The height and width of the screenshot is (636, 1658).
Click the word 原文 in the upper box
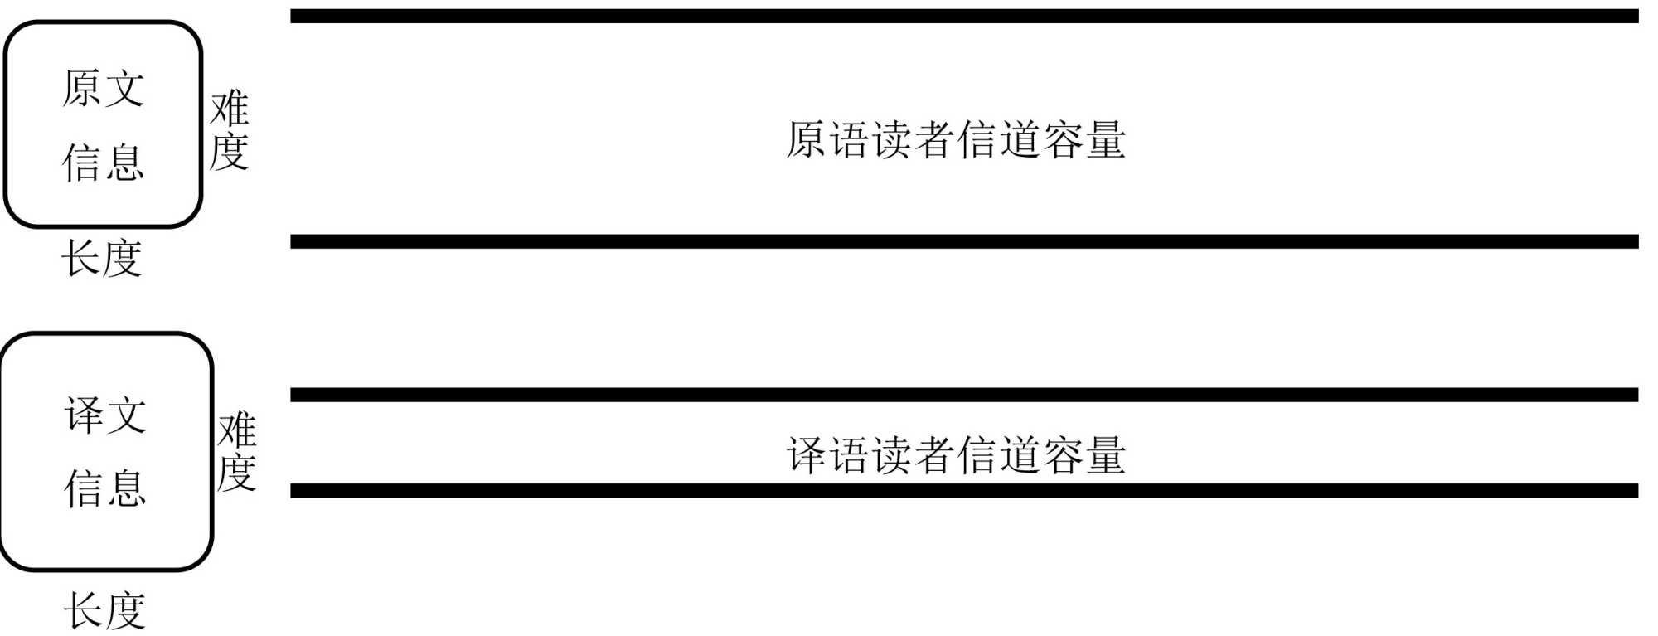104,88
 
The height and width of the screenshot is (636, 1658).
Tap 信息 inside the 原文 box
104,162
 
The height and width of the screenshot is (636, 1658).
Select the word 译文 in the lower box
106,415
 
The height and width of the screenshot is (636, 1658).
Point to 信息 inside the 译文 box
106,488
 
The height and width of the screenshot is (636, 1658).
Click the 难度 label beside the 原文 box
230,130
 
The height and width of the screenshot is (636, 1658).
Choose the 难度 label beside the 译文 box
237,452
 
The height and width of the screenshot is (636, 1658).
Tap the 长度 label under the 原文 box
102,258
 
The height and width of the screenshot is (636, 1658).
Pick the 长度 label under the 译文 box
104,611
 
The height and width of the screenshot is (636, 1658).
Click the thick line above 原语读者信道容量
963,17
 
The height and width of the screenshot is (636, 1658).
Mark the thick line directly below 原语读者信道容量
963,241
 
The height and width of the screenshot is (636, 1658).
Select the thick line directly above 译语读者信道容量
963,395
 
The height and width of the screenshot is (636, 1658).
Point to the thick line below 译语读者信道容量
963,491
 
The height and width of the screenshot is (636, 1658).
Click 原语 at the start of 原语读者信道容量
827,139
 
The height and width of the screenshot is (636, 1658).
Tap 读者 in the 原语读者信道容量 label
913,139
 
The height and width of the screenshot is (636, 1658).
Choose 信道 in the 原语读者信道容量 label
998,139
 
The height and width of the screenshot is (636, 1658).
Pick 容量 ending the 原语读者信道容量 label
1084,139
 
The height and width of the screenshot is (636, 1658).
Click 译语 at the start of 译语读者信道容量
827,455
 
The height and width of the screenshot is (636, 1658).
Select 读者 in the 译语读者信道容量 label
913,455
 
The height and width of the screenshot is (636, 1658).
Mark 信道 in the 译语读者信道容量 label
998,455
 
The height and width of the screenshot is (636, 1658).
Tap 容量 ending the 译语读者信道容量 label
1084,455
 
